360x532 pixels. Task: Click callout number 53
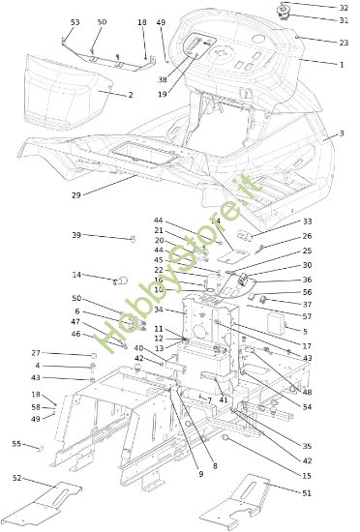[x=75, y=21]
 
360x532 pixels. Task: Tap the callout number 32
[x=344, y=7]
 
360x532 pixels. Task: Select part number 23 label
[x=344, y=43]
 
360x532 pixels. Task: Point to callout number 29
[x=76, y=194]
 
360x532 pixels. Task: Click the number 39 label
[x=76, y=235]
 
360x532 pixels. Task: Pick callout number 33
[x=307, y=222]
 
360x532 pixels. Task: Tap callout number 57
[x=307, y=316]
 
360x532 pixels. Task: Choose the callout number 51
[x=307, y=493]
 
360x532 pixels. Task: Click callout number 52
[x=16, y=478]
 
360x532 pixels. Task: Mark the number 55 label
[x=16, y=444]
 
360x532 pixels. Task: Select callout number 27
[x=36, y=353]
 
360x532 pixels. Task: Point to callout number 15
[x=307, y=476]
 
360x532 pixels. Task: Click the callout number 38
[x=163, y=79]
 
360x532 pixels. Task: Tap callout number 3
[x=341, y=133]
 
